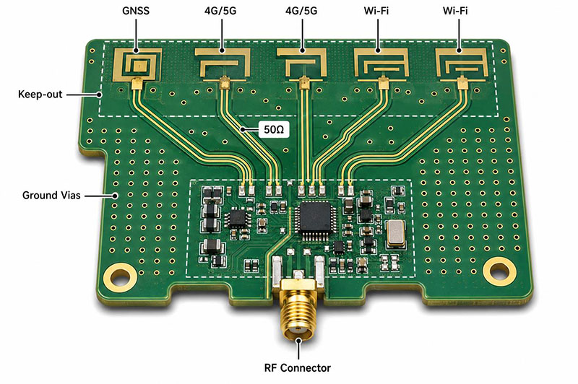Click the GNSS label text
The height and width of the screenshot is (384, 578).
point(136,11)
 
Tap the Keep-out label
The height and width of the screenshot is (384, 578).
point(40,95)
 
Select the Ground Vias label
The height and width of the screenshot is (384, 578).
point(51,195)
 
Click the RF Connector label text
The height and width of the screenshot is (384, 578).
point(298,368)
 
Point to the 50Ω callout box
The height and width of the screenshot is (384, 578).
point(274,129)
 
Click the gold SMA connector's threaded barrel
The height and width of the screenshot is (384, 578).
point(298,313)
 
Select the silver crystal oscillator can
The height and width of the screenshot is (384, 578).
point(396,233)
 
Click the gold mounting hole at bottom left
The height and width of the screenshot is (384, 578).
point(119,277)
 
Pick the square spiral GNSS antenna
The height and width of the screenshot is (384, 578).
point(137,65)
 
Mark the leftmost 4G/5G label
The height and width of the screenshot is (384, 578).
point(220,11)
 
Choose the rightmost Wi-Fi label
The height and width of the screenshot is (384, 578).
point(455,11)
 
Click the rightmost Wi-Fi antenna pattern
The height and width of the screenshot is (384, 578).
point(462,65)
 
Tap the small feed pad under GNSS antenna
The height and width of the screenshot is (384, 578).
point(137,84)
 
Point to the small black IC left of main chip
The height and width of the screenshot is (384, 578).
point(236,218)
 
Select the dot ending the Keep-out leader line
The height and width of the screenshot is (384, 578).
point(99,95)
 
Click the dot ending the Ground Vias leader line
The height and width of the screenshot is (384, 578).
point(115,196)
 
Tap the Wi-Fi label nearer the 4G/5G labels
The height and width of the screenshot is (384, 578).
point(376,11)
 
